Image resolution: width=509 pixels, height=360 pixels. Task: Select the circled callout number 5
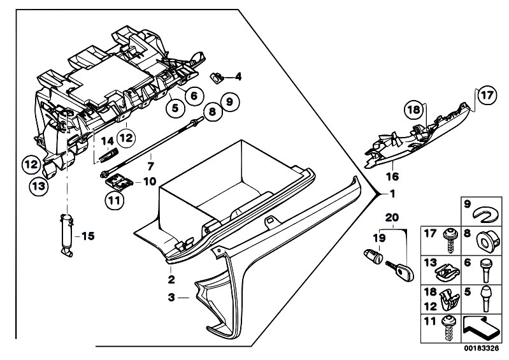point(175,108)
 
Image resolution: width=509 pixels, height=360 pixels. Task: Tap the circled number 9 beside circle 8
point(229,102)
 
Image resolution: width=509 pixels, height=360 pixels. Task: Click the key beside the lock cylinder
point(400,270)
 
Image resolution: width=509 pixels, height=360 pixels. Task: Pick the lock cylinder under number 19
point(373,256)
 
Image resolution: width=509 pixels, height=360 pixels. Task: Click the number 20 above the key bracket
point(392,217)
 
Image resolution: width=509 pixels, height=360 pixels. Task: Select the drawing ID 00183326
point(481,349)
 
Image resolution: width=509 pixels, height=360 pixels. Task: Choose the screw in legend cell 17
point(449,240)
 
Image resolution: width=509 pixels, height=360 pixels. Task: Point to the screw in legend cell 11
point(449,328)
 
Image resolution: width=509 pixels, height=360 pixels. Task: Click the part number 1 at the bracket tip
point(392,194)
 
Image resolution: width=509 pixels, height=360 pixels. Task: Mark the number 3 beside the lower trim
point(172,297)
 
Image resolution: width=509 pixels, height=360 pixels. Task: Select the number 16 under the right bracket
point(392,176)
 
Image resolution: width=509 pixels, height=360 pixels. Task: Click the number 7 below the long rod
point(150,166)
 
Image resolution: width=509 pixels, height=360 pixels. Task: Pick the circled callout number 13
point(38,187)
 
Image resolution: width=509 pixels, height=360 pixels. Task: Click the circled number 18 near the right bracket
point(413,110)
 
